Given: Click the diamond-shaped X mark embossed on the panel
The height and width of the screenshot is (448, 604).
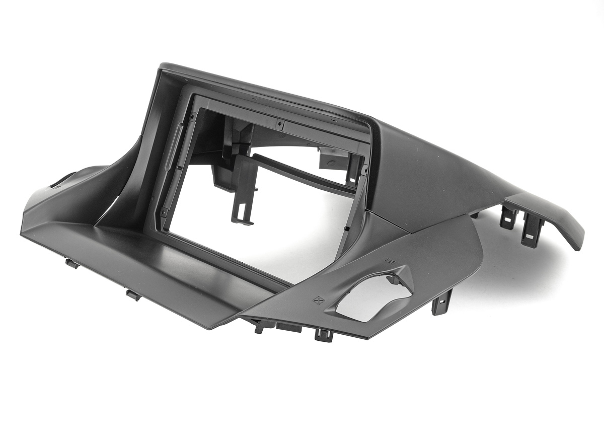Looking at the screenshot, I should point(318,301).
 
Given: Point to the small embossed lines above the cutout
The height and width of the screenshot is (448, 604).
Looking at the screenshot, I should point(389,261).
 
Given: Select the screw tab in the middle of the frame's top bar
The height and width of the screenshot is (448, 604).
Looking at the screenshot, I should point(279,122).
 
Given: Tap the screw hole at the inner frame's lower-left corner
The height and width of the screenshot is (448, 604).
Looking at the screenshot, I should point(163,213).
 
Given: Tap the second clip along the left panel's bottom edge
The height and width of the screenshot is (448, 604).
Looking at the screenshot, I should point(133,295).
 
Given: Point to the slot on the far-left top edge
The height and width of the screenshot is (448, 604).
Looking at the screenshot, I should point(61,182).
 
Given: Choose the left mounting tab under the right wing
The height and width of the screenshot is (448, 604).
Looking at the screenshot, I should point(508,217).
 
